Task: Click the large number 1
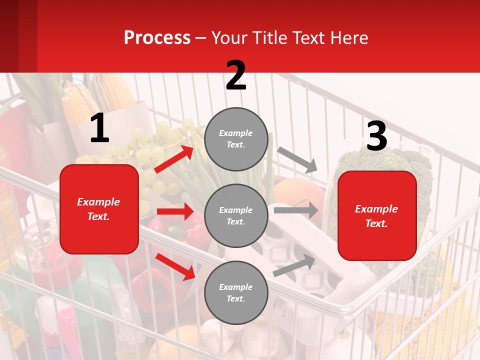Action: click(x=99, y=128)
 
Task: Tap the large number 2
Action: click(x=236, y=75)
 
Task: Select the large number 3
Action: click(x=376, y=136)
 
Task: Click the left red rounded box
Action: click(x=99, y=209)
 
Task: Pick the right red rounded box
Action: click(x=377, y=216)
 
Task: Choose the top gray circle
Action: click(x=236, y=139)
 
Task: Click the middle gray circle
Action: click(x=236, y=216)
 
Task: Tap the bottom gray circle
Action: click(x=236, y=293)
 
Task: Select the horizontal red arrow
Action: click(x=175, y=211)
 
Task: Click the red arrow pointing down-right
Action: click(x=175, y=266)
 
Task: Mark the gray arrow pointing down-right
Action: click(x=297, y=159)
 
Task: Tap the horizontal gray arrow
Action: click(x=296, y=210)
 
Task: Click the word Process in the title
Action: click(x=157, y=38)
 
